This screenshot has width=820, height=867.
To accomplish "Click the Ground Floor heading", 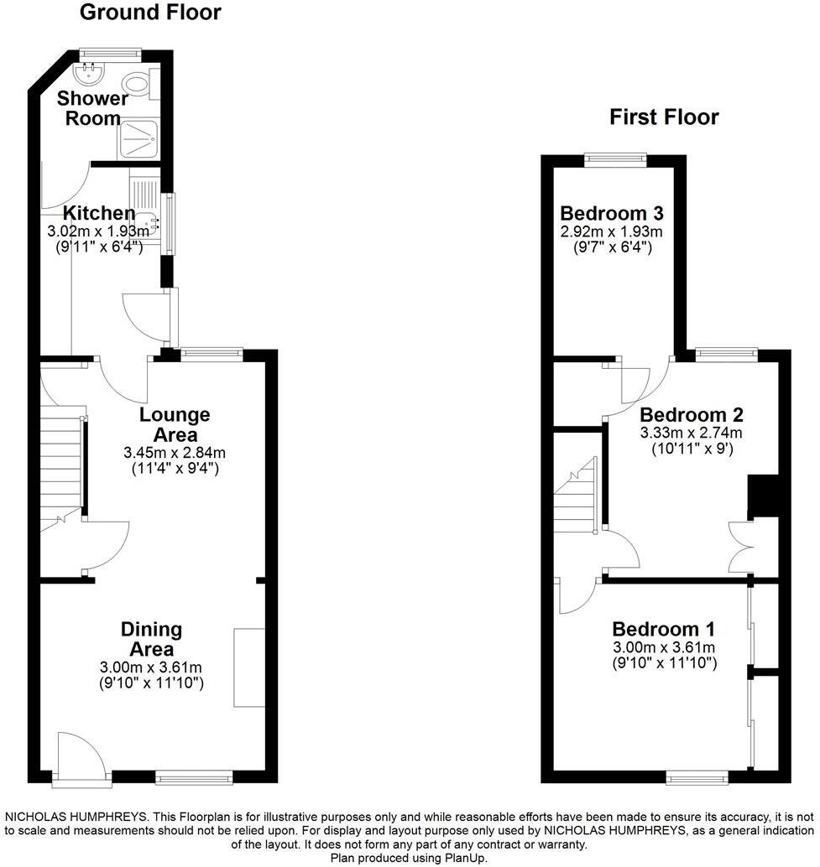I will tap(150, 13).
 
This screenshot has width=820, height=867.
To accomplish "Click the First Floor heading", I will tap(664, 117).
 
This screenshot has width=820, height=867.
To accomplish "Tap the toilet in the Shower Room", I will tap(135, 84).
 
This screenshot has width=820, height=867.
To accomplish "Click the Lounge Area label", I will tap(175, 424).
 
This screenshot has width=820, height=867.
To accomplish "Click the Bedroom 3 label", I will tap(613, 212).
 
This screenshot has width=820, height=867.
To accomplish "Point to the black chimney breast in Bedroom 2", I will tap(762, 496).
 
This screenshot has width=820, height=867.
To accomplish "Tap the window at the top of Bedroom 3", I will tap(615, 159).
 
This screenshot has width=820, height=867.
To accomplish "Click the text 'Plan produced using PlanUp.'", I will tap(409, 858).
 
